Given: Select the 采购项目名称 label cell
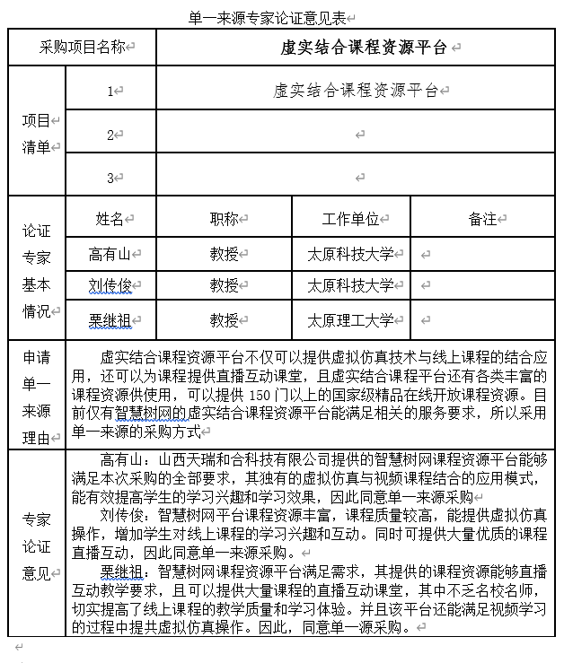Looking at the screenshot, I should click(x=82, y=47).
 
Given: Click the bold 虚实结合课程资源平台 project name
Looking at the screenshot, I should click(x=363, y=48).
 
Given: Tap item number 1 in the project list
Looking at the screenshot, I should click(x=110, y=91).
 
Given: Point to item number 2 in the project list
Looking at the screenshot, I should click(x=110, y=135).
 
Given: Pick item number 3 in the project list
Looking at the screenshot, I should click(x=110, y=178).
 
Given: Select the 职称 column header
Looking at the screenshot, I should click(x=224, y=219).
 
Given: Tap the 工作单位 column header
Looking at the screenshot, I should click(x=350, y=219).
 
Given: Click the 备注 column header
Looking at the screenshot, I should click(x=481, y=219).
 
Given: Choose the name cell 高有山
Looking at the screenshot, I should click(x=110, y=254).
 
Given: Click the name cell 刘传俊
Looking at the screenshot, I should click(x=110, y=286).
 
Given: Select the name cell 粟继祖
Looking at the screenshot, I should click(x=110, y=319).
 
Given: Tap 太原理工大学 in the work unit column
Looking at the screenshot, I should click(x=350, y=319).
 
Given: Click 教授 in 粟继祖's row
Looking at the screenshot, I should click(x=224, y=319).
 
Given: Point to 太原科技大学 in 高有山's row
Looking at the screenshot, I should click(x=350, y=254).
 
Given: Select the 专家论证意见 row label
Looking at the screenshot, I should click(x=37, y=546).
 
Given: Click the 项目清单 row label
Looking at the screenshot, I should click(x=37, y=134).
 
